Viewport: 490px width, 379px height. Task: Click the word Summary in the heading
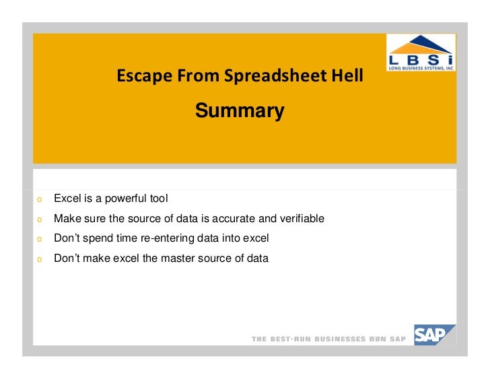pyautogui.click(x=240, y=110)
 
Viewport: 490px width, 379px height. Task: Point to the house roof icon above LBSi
pyautogui.click(x=420, y=44)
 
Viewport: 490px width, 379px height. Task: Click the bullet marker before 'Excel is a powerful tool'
pyautogui.click(x=40, y=200)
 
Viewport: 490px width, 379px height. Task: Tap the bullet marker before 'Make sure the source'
pyautogui.click(x=40, y=219)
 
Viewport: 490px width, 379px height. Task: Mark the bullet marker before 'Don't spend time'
pyautogui.click(x=40, y=239)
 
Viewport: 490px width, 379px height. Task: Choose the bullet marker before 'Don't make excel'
pyautogui.click(x=40, y=259)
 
